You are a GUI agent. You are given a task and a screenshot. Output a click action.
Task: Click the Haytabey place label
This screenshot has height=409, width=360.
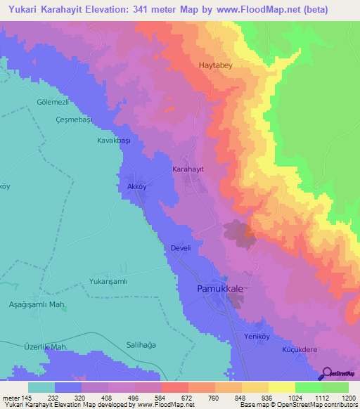point(215,65)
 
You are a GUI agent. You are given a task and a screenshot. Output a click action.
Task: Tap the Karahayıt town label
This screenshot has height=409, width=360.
point(188,170)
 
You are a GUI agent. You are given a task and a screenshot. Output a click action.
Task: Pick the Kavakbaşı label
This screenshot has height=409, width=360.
point(115,140)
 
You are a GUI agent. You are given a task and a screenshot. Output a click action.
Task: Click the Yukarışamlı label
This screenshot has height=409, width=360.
point(106,280)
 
